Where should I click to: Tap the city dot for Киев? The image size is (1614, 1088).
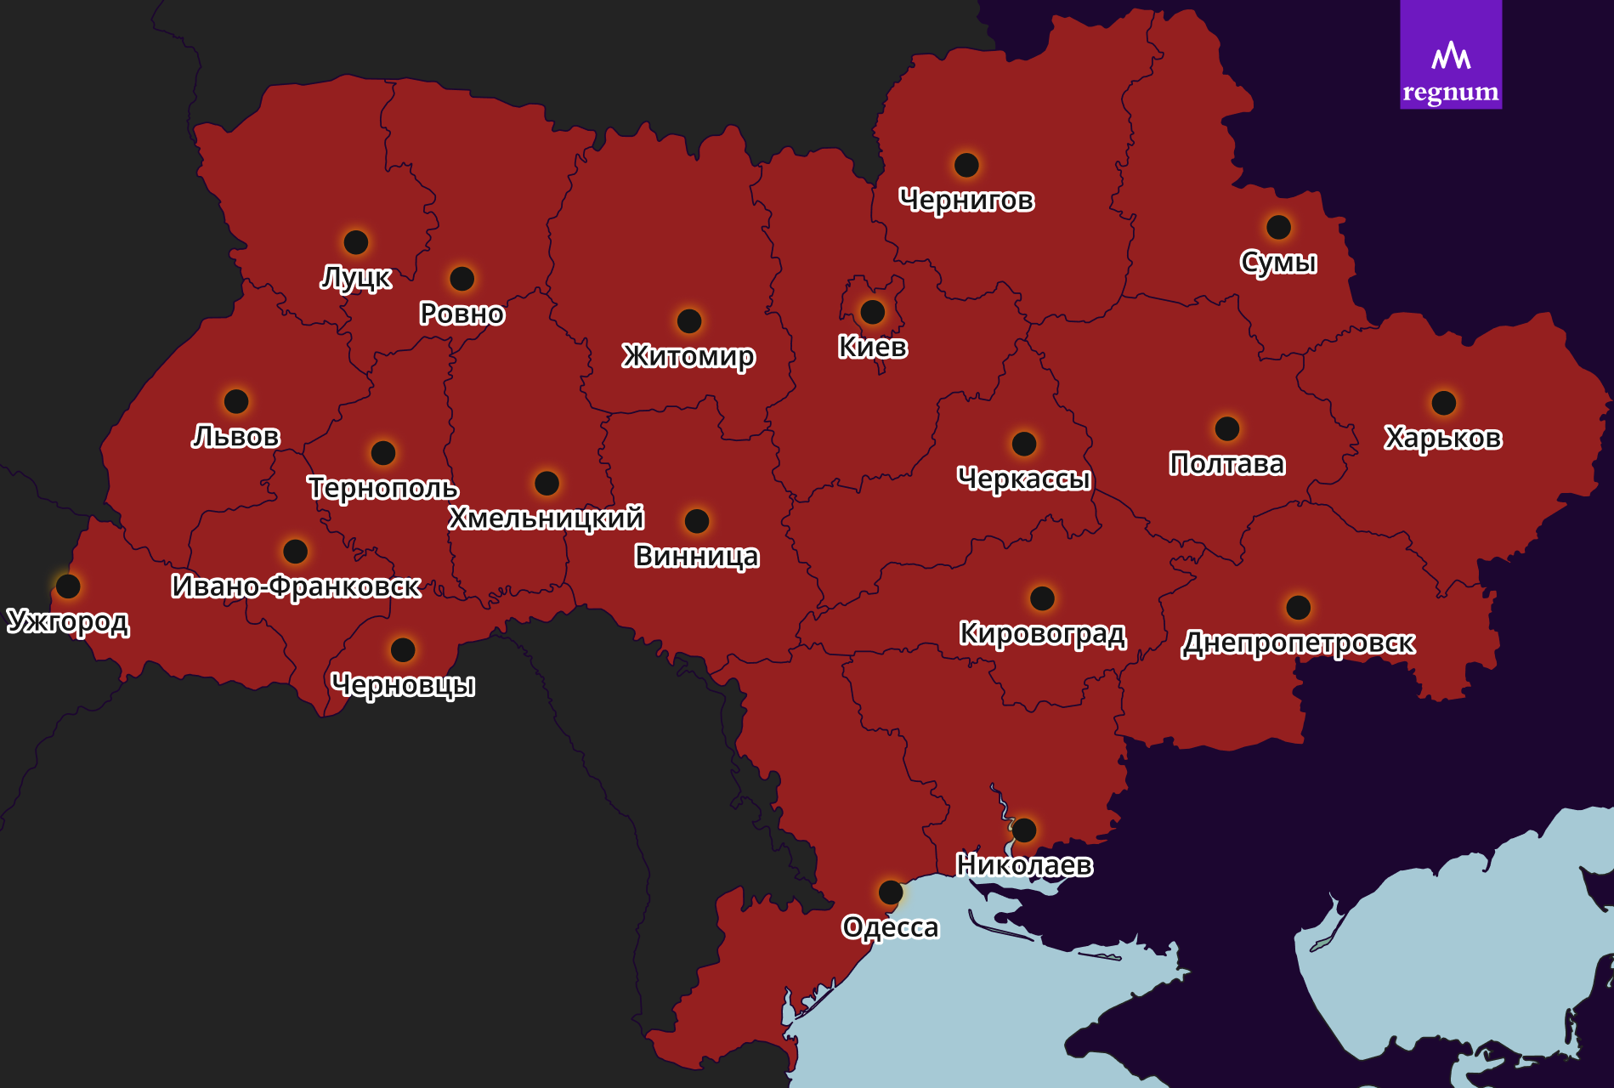point(872,312)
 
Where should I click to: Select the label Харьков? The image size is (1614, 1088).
point(1442,438)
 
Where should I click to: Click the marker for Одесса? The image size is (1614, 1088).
point(890,892)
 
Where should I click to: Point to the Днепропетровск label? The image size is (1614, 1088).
point(1298,643)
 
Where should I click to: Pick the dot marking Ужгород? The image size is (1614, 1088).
point(68,586)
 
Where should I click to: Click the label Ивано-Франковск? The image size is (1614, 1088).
point(296,586)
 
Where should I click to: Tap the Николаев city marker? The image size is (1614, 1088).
point(1024,830)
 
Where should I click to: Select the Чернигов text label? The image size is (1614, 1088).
point(966,201)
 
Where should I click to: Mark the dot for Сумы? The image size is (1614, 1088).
point(1278,227)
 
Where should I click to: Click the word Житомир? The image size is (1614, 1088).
point(688,356)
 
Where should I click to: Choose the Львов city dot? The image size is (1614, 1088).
point(236,401)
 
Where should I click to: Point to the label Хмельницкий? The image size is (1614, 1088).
point(546,518)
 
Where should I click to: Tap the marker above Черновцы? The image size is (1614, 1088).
point(403,650)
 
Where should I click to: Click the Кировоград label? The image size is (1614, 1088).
point(1042,634)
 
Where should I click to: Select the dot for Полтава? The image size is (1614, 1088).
point(1226,428)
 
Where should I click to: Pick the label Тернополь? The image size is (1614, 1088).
point(382,488)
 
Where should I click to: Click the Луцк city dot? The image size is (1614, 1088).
point(355,242)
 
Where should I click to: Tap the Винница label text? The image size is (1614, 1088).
point(696,557)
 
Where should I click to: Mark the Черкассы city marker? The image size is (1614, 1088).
point(1023,444)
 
